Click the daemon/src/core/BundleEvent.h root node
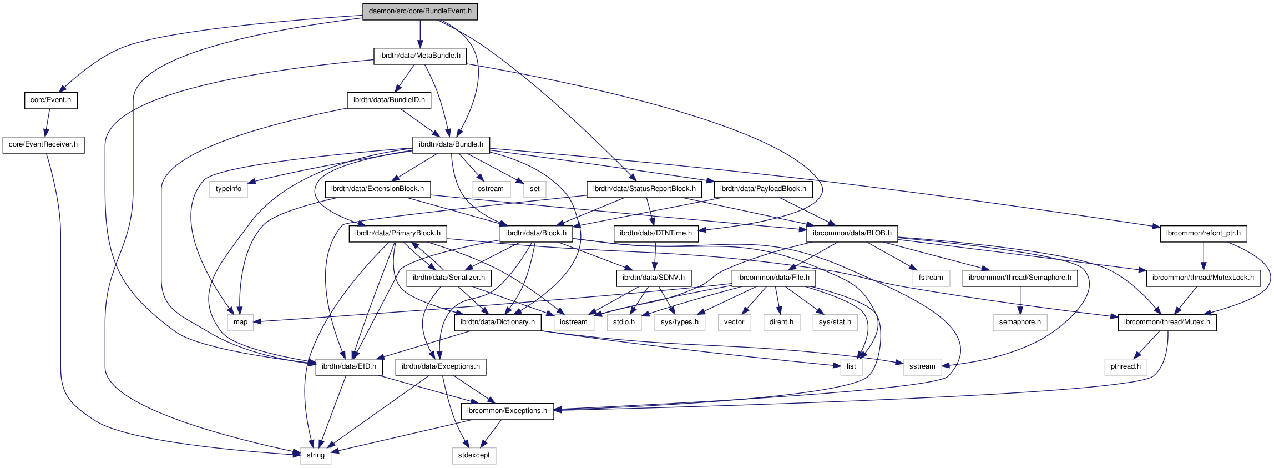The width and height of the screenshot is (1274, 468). coord(420,11)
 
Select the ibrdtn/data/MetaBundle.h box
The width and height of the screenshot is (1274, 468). coord(420,56)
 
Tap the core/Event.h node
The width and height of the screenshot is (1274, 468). coord(50,100)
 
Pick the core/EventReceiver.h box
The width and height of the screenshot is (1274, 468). coord(43,144)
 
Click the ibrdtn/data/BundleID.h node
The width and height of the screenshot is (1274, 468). coord(389,100)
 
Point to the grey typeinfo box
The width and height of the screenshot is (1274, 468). coord(229,189)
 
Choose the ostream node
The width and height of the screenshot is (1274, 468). coord(491,189)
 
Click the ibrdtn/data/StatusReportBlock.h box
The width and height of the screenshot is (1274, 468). coord(644,189)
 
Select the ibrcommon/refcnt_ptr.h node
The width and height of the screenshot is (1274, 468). coord(1203,233)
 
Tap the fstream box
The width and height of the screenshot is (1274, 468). coord(931,278)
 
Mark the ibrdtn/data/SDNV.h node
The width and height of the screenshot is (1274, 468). coord(653,278)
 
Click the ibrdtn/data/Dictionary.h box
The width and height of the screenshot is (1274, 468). coord(498,322)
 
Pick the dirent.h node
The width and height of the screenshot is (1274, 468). coord(781,322)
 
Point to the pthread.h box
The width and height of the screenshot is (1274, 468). coord(1125,366)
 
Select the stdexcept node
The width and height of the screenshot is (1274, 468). coord(474,455)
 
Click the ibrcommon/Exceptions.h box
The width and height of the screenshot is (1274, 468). coord(507,411)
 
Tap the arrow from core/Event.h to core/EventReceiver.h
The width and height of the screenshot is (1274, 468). coord(47,122)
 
